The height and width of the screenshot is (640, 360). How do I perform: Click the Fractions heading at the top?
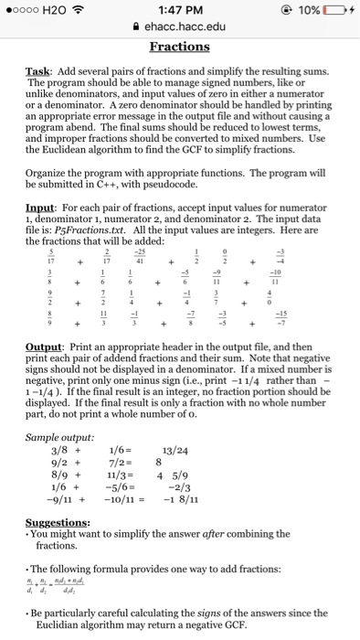(179, 47)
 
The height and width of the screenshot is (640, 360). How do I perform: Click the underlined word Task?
(41, 70)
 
